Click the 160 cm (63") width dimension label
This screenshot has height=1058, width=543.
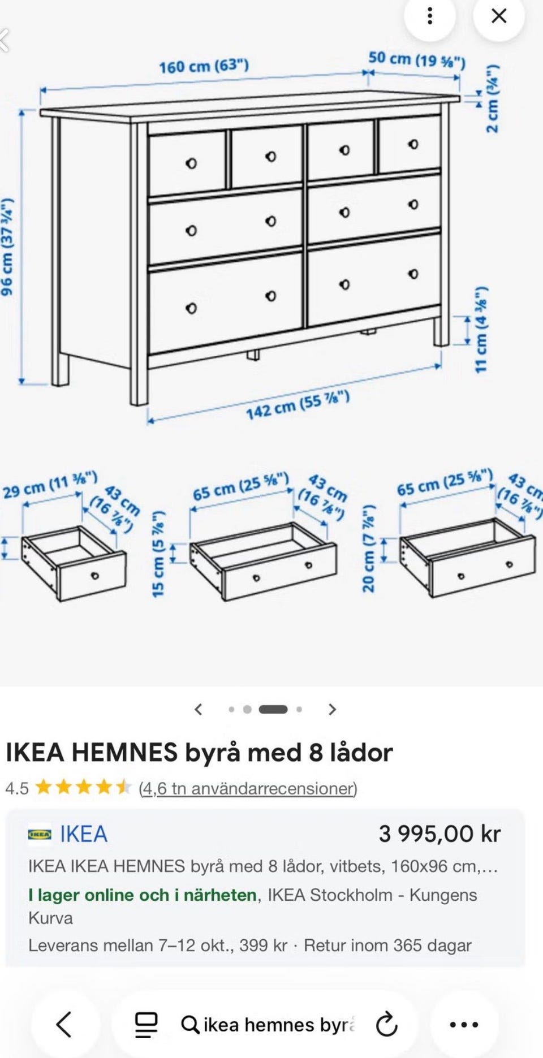click(x=204, y=66)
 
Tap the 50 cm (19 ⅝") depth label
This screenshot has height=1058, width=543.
click(x=417, y=59)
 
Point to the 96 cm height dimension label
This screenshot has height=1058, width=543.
click(x=7, y=247)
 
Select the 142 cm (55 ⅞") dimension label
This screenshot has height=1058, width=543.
click(x=298, y=405)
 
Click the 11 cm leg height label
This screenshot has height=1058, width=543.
click(x=481, y=330)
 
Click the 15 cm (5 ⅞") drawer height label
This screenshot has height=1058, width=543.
click(x=158, y=553)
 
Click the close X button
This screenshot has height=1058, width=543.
click(x=499, y=16)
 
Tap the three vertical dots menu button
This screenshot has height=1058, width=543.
click(x=430, y=16)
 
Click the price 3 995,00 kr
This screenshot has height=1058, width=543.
click(x=439, y=834)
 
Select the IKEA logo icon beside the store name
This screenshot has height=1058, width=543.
click(x=40, y=834)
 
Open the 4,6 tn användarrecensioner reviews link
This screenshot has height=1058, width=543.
click(x=248, y=788)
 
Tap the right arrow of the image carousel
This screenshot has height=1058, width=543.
click(x=333, y=709)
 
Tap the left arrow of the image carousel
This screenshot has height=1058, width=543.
click(x=198, y=709)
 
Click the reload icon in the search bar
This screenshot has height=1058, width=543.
click(x=387, y=1024)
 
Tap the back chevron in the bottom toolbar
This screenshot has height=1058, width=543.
click(x=64, y=1024)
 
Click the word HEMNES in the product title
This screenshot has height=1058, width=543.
click(x=124, y=753)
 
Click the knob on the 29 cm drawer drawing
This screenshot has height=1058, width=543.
click(x=95, y=576)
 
